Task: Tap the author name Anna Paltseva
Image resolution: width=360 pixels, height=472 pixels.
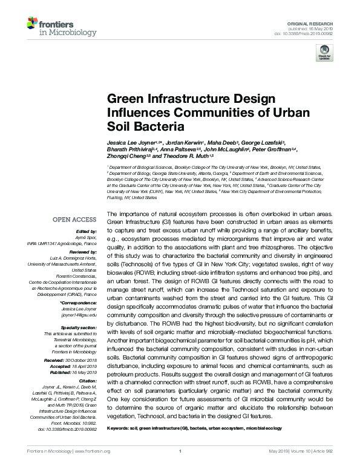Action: pos(183,148)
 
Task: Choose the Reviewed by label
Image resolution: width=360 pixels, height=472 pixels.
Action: pos(83,251)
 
